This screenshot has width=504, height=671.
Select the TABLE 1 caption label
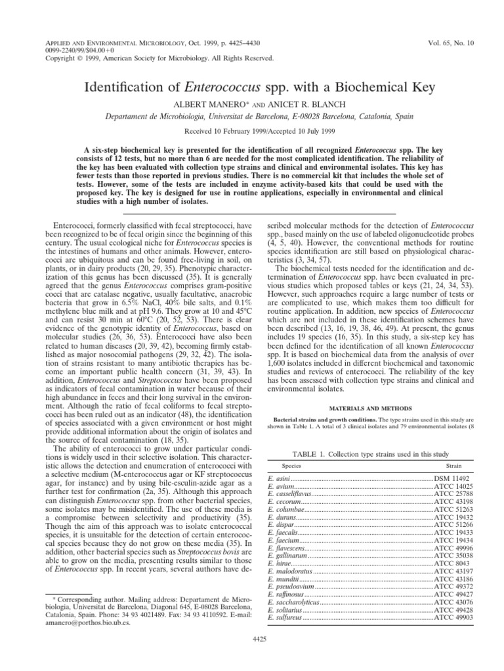pyautogui.click(x=311, y=455)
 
